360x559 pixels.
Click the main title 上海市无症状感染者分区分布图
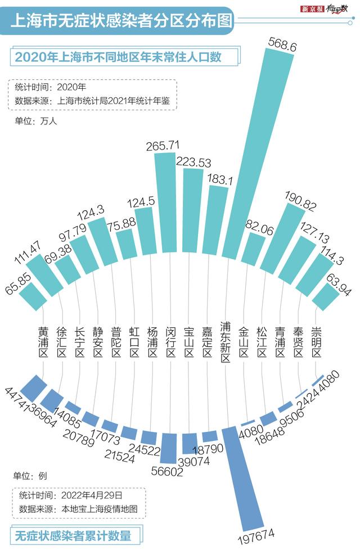coord(121,21)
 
